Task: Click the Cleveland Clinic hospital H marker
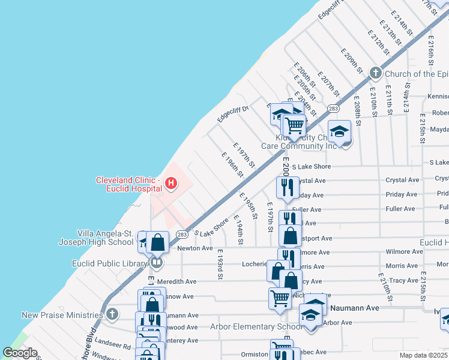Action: [x=171, y=182]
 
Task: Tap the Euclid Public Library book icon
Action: [x=157, y=263]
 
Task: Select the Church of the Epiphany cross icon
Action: [x=376, y=74]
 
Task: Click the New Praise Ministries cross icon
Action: [x=112, y=314]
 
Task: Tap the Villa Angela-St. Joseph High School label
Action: [x=105, y=238]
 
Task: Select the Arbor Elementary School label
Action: [x=256, y=326]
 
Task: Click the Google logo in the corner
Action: [x=20, y=353]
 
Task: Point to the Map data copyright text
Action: [x=423, y=355]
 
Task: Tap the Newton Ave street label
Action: [x=194, y=248]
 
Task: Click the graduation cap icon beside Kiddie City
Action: [x=339, y=131]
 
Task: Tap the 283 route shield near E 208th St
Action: [x=334, y=108]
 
